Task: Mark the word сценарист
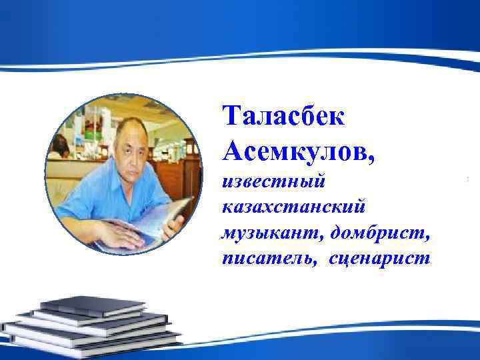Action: (379, 257)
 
